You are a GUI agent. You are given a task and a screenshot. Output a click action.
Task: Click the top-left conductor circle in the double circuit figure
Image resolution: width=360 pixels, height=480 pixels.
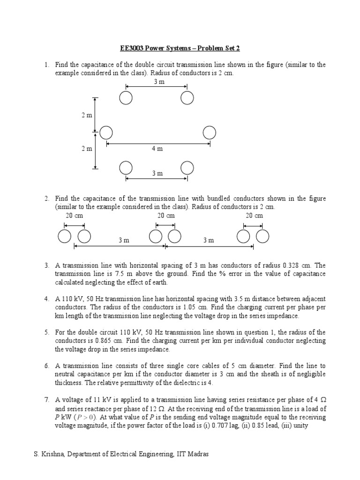tap(126, 97)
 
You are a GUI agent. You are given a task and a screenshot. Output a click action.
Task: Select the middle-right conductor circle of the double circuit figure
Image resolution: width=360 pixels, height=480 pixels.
tap(210, 133)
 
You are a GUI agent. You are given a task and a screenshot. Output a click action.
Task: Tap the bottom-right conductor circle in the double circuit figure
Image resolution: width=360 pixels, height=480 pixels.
tap(187, 167)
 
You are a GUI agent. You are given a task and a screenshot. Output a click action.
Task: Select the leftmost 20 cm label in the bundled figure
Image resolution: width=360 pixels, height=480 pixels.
tap(75, 216)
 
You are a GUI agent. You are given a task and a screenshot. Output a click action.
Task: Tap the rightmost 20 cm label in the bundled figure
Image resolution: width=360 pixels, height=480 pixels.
tap(255, 216)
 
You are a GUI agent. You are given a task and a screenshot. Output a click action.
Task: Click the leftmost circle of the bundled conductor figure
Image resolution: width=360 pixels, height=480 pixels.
tap(65, 237)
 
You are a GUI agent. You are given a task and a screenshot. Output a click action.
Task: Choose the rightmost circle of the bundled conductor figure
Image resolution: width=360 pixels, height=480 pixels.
tap(263, 237)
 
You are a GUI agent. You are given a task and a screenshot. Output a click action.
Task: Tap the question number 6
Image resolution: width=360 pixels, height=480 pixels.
tap(47, 366)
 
